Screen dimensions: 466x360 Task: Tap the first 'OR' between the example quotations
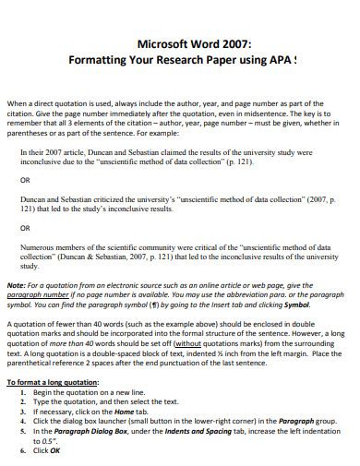click(25, 181)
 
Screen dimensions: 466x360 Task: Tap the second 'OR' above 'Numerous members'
click(25, 226)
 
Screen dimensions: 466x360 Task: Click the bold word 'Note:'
click(17, 286)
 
